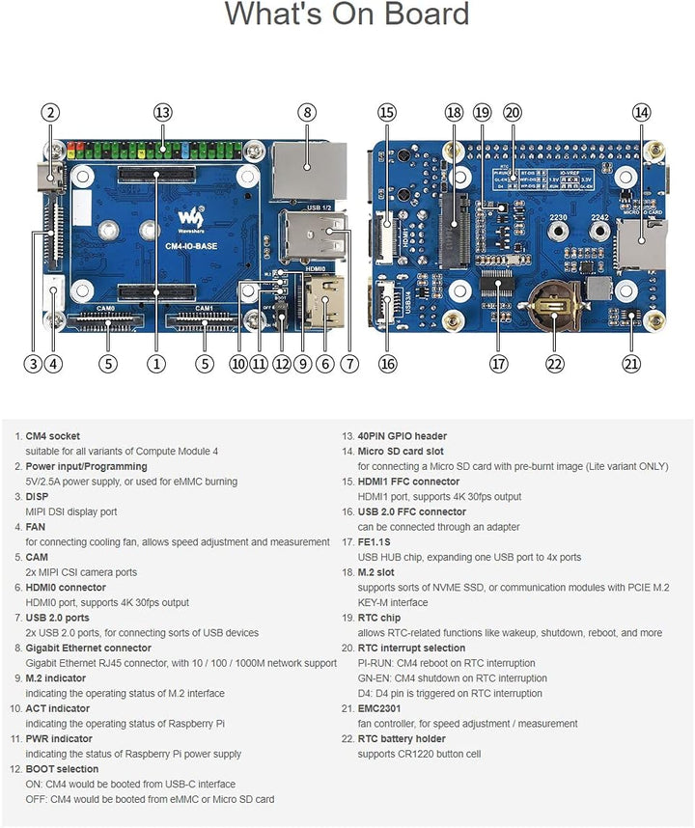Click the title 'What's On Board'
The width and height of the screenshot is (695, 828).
click(x=347, y=14)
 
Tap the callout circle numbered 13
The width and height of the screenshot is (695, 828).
click(x=162, y=112)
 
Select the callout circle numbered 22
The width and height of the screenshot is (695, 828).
click(x=554, y=364)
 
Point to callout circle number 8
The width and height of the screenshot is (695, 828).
click(x=307, y=112)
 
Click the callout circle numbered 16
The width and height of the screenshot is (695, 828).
click(x=387, y=364)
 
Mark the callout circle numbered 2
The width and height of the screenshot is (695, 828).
click(x=51, y=112)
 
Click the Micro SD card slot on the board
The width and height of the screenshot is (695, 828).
click(x=639, y=243)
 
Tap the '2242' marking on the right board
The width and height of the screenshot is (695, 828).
click(x=600, y=218)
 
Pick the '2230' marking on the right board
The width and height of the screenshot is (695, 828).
click(x=558, y=218)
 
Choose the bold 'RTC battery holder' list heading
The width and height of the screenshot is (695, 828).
click(x=402, y=739)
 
